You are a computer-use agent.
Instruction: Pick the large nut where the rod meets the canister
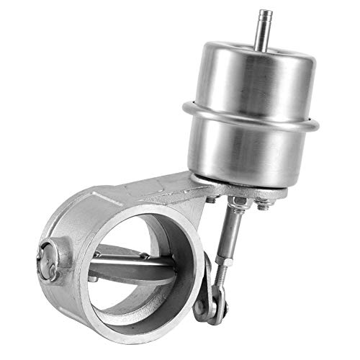point(238,203)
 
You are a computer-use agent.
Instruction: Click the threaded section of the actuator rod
point(222,270)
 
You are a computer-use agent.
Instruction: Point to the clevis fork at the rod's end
point(215,292)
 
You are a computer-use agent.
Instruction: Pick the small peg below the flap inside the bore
point(94,277)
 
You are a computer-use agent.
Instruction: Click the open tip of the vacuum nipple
point(265,12)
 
